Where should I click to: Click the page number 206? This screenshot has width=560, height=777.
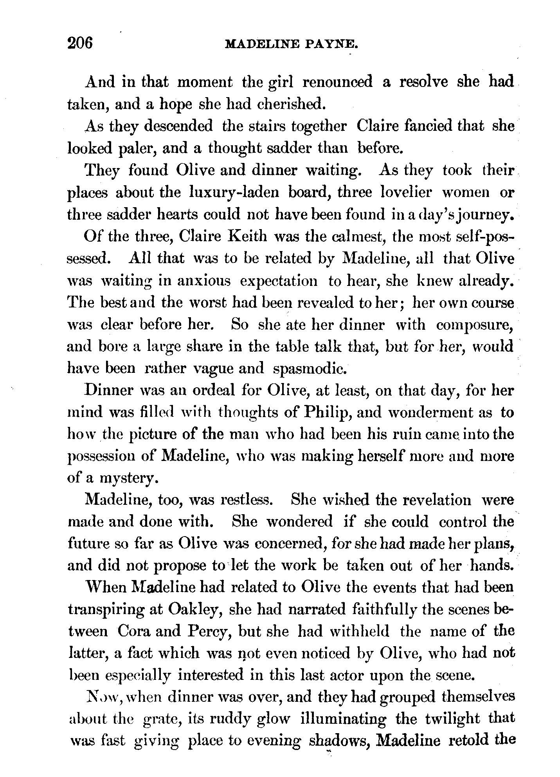tap(80, 42)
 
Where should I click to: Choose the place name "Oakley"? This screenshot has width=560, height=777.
tap(194, 610)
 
